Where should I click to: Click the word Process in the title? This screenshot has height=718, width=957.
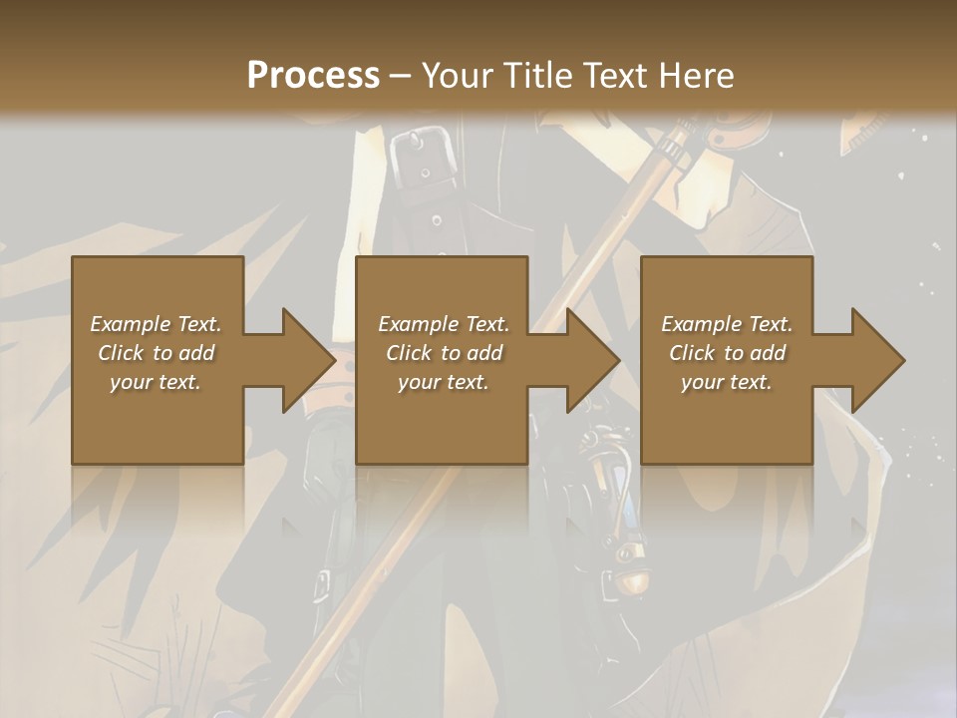tap(313, 76)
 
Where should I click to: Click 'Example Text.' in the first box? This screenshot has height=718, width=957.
tap(156, 324)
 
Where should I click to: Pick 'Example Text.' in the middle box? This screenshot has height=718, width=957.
tap(443, 324)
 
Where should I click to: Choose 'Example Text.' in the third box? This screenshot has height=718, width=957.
tap(727, 324)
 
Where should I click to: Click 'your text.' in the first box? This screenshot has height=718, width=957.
tap(156, 382)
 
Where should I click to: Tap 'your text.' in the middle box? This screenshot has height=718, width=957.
tap(443, 382)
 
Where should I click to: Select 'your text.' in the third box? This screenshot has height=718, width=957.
tap(727, 382)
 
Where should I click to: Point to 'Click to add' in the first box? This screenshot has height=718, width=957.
tap(156, 353)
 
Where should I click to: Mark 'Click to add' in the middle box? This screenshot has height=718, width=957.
tap(443, 353)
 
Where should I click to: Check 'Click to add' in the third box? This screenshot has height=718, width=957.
tap(727, 353)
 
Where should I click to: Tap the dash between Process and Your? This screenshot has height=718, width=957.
tap(400, 76)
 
